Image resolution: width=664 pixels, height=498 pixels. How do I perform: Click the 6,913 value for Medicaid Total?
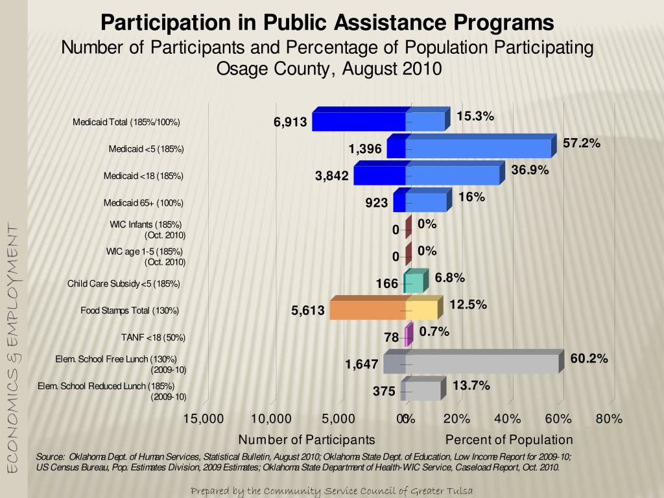click(290, 122)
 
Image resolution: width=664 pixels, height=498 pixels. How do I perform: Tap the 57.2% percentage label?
click(582, 143)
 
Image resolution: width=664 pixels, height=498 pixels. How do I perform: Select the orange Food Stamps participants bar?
click(368, 308)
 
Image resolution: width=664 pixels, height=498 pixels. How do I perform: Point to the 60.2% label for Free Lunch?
click(589, 359)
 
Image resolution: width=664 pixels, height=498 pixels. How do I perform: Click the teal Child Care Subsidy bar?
click(416, 281)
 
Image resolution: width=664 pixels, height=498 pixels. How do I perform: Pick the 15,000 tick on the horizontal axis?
click(203, 419)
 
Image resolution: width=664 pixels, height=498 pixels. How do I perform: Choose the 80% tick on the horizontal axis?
click(609, 419)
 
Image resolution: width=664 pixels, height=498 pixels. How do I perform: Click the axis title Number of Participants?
click(307, 440)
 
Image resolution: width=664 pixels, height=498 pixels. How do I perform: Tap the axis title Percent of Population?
click(509, 440)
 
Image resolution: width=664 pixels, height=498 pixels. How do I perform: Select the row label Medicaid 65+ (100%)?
click(143, 203)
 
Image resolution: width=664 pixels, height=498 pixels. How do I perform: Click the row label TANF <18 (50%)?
click(153, 337)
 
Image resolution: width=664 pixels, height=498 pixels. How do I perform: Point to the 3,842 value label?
click(331, 176)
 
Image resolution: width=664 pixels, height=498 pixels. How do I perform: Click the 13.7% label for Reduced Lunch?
click(471, 386)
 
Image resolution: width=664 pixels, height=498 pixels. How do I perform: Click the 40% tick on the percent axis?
click(507, 419)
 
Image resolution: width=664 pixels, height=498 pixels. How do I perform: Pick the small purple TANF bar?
click(409, 335)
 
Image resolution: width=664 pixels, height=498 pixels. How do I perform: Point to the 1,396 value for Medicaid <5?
click(365, 149)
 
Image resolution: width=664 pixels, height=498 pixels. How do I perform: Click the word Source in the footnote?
click(49, 457)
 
